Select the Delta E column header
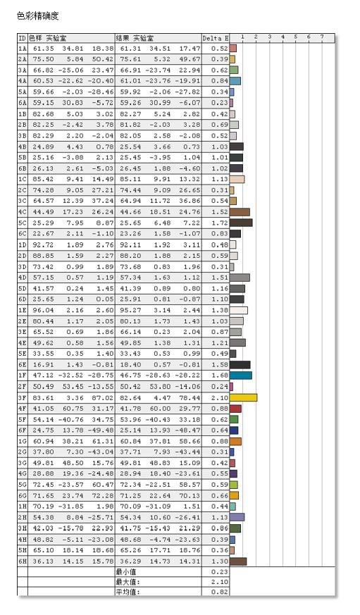215,37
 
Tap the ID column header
21,37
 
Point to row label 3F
22,397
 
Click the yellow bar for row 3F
243,397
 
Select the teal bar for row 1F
240,375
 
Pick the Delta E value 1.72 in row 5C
218,223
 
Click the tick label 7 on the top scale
322,37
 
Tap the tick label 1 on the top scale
242,37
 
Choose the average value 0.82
218,592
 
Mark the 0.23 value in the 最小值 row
218,571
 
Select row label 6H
22,561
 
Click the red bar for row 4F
235,408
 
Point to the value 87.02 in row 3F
102,397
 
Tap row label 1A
22,49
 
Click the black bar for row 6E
240,364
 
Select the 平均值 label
128,592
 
